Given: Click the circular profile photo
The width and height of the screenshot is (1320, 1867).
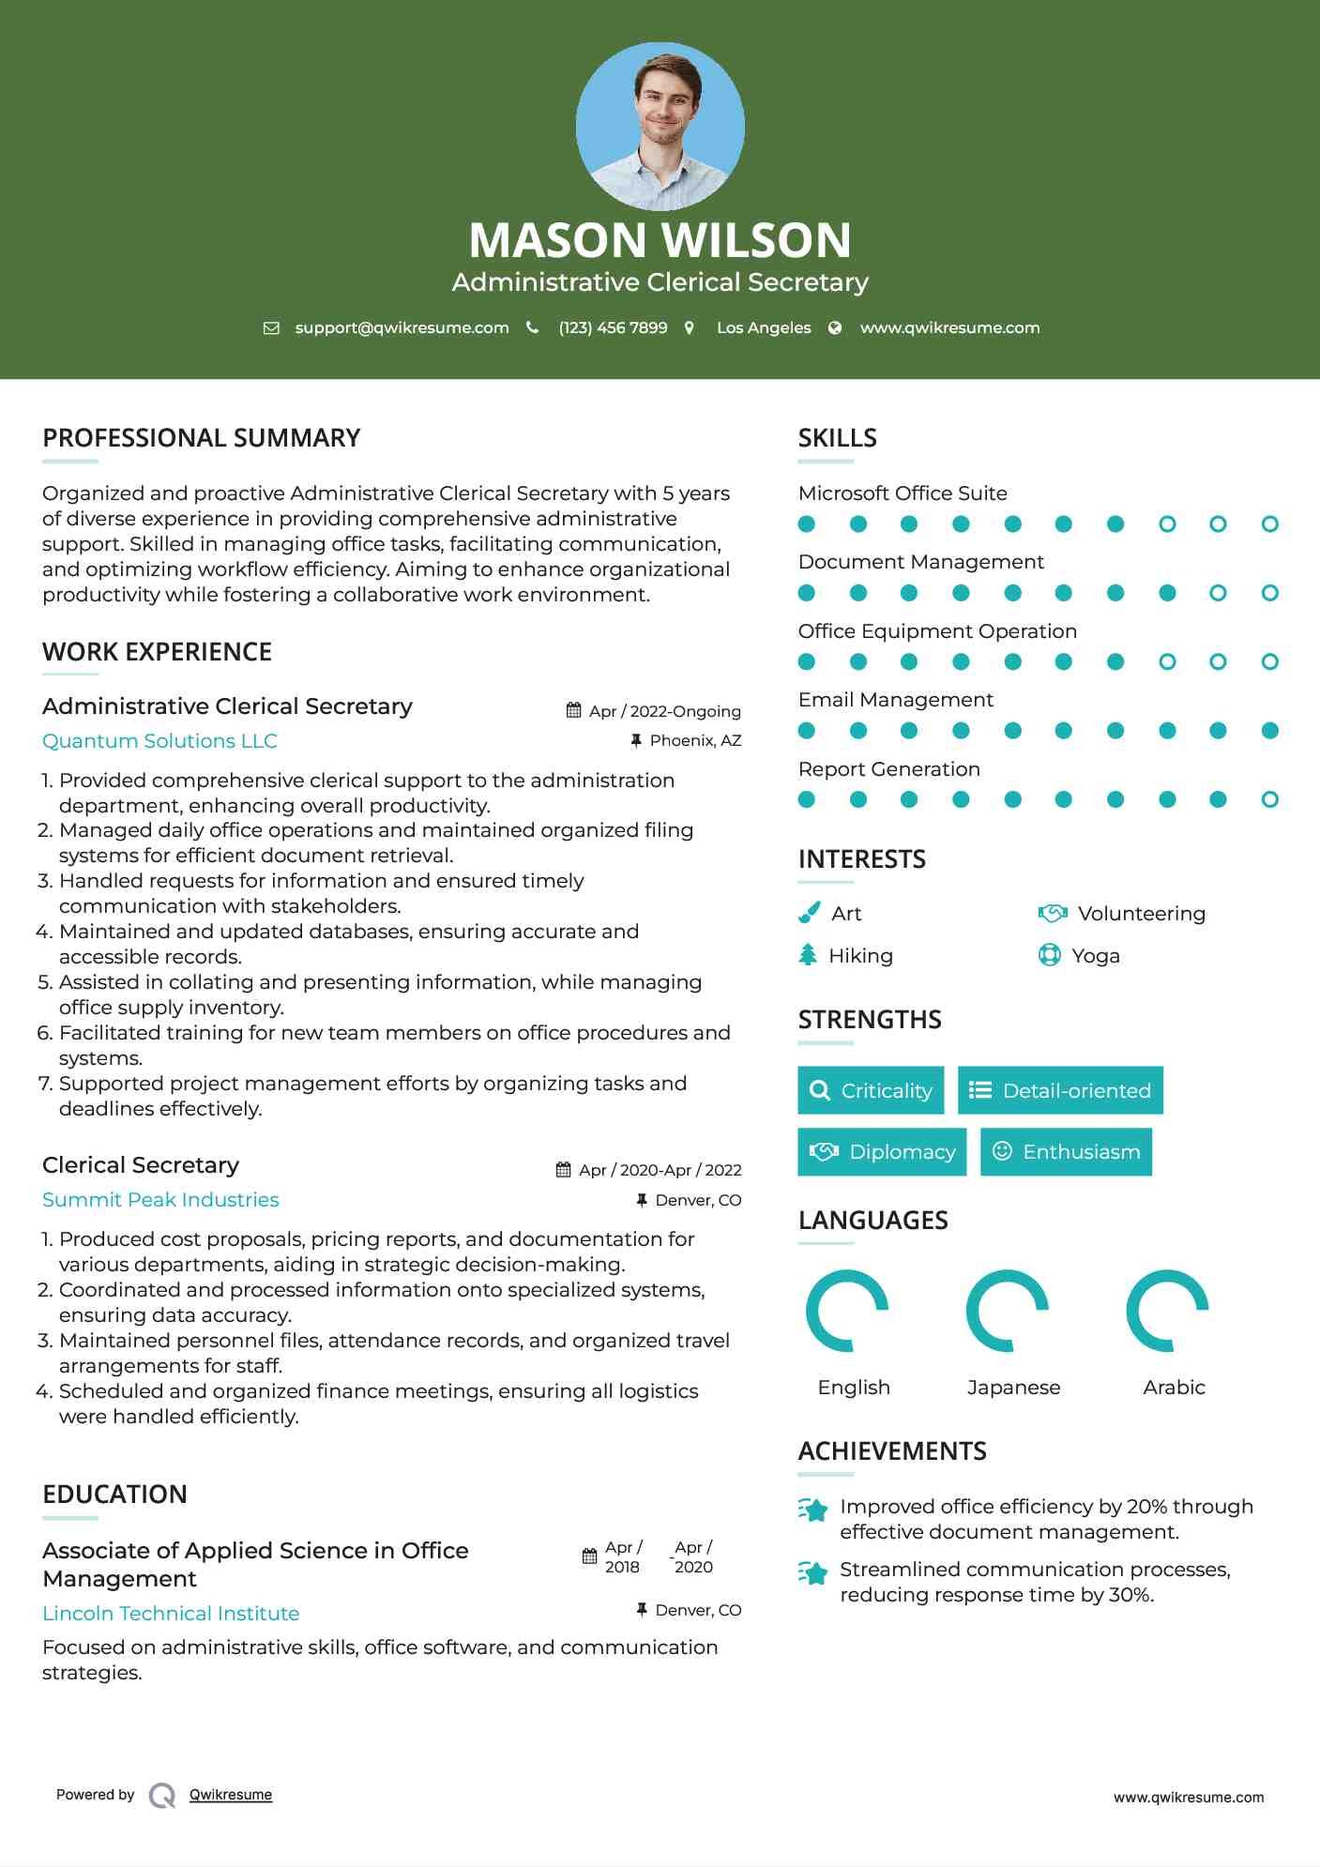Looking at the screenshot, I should pyautogui.click(x=660, y=127).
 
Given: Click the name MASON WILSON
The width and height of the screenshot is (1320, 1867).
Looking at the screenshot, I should pyautogui.click(x=660, y=240).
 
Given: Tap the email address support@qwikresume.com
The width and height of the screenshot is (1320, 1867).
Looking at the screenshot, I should pyautogui.click(x=402, y=327).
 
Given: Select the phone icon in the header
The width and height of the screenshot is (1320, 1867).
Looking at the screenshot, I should pyautogui.click(x=533, y=327).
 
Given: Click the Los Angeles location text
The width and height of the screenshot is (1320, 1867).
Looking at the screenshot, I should pyautogui.click(x=763, y=327).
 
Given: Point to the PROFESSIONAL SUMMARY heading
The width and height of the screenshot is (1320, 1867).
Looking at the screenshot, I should pyautogui.click(x=202, y=438).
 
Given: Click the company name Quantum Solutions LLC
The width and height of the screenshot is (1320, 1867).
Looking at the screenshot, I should pyautogui.click(x=159, y=741).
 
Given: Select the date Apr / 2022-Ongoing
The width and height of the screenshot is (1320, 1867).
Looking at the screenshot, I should pyautogui.click(x=664, y=711).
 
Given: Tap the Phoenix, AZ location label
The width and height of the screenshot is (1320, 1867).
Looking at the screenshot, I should pyautogui.click(x=695, y=740).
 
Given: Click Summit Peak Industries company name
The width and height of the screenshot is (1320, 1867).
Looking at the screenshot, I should pyautogui.click(x=160, y=1200).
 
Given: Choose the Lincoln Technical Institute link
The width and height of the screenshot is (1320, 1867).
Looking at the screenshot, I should pyautogui.click(x=171, y=1614).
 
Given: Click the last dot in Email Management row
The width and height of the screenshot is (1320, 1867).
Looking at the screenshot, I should pyautogui.click(x=1269, y=731).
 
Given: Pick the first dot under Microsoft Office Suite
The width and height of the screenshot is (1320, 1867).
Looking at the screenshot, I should pyautogui.click(x=807, y=524).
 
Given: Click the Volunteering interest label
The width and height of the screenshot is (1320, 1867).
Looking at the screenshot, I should pyautogui.click(x=1141, y=914).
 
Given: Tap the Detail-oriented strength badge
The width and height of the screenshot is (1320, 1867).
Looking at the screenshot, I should pyautogui.click(x=1060, y=1090).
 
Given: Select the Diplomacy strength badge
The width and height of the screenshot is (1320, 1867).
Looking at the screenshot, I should pyautogui.click(x=882, y=1152).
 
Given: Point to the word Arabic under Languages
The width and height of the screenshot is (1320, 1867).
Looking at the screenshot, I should pyautogui.click(x=1174, y=1388).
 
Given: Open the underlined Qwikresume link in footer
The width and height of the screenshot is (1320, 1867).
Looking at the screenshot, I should pyautogui.click(x=231, y=1795).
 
